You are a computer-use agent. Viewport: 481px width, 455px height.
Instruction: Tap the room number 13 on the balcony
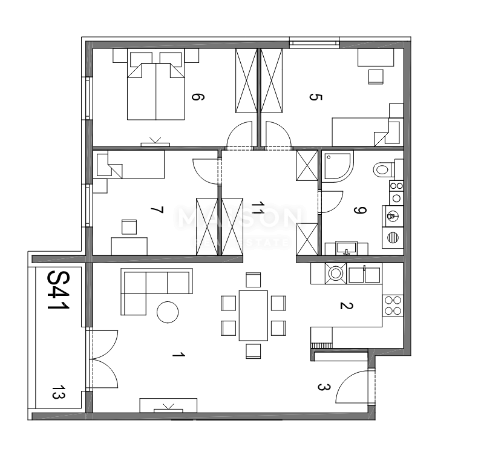point(59,393)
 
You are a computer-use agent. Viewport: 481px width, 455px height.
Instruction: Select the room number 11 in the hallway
point(258,209)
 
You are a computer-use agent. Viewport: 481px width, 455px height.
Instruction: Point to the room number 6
point(195,97)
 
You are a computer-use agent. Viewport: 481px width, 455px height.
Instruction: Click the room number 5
point(313,97)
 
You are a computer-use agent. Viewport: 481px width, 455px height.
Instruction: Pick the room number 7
point(156,210)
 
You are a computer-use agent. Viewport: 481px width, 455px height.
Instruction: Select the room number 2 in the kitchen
point(345,306)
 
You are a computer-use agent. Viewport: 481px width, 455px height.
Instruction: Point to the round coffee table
point(168,312)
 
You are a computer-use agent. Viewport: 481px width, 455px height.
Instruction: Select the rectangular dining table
point(254,315)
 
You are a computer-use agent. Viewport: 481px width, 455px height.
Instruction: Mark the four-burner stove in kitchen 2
point(393,305)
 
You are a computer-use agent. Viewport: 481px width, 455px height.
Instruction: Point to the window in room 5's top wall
point(313,42)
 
